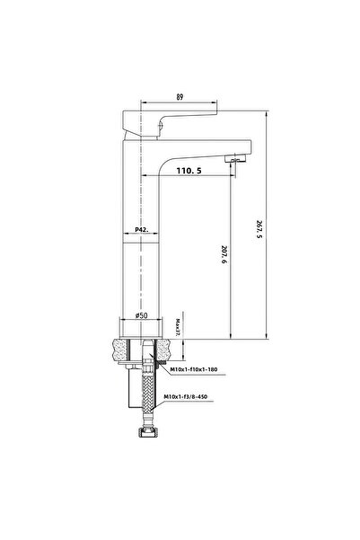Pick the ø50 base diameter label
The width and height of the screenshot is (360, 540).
141,316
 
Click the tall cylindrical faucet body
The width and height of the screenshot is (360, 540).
141,261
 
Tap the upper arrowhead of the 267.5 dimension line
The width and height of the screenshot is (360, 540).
269,111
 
